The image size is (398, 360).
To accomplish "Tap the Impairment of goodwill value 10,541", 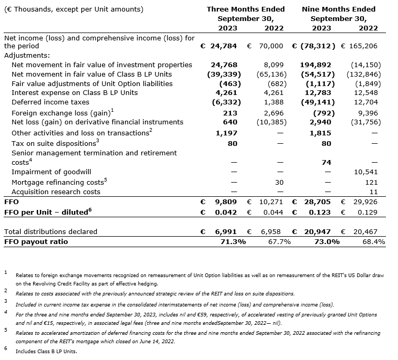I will tap(366, 172).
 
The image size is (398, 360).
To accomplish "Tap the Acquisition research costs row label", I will tap(56, 192).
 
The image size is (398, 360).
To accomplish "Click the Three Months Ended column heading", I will tap(246, 9).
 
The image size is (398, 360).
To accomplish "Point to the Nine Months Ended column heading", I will tap(339, 9).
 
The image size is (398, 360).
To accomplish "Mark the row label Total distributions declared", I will tap(50, 231).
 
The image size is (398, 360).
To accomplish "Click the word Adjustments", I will tap(27, 55).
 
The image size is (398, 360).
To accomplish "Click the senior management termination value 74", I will tap(326, 163).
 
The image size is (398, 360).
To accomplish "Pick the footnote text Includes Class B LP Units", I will tap(46, 351).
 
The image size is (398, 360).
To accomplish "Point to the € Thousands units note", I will tap(73, 9).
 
